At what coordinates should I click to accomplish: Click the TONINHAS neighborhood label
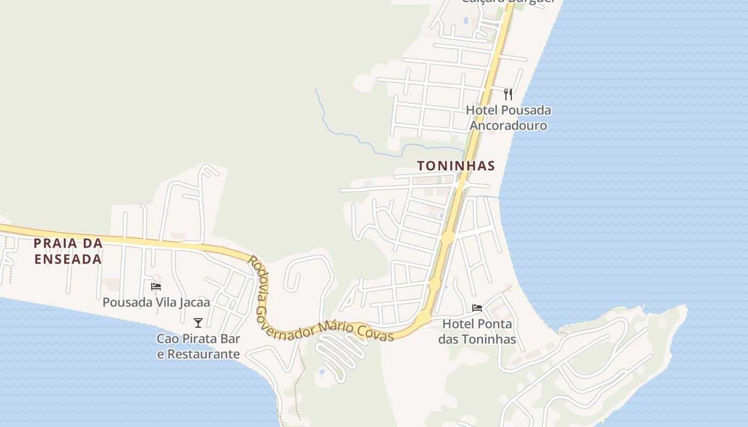pyautogui.click(x=456, y=166)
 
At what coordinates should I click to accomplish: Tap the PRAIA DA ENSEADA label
pyautogui.click(x=67, y=251)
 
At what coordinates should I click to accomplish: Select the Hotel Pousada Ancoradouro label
pyautogui.click(x=508, y=118)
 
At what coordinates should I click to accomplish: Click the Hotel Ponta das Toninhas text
pyautogui.click(x=477, y=331)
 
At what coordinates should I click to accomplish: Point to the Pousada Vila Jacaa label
pyautogui.click(x=156, y=303)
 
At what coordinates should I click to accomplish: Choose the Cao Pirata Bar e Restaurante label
pyautogui.click(x=198, y=346)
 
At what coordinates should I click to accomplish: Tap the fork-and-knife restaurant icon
pyautogui.click(x=508, y=94)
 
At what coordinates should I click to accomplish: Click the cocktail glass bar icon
pyautogui.click(x=198, y=322)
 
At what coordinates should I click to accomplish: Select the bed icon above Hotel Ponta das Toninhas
pyautogui.click(x=477, y=308)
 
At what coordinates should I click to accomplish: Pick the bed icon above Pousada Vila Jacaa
pyautogui.click(x=156, y=287)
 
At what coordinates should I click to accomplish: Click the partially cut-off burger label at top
pyautogui.click(x=508, y=2)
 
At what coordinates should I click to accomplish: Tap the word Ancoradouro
pyautogui.click(x=508, y=126)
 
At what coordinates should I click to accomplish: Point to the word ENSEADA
pyautogui.click(x=67, y=259)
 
